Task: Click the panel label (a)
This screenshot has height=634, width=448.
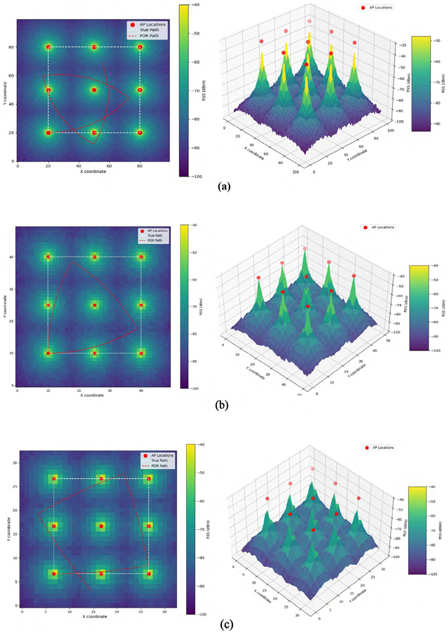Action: (x=225, y=186)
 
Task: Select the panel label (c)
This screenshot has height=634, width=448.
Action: (x=225, y=624)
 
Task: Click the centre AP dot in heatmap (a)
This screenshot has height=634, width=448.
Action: (x=94, y=90)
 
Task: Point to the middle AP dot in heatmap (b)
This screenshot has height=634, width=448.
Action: (x=95, y=305)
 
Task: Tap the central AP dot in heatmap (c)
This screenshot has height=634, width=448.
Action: (x=101, y=526)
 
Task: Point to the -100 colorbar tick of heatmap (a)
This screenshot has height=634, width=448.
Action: (x=197, y=177)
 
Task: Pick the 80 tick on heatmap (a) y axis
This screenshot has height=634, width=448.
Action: (x=11, y=48)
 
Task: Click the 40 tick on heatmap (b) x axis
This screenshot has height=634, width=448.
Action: (x=141, y=389)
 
